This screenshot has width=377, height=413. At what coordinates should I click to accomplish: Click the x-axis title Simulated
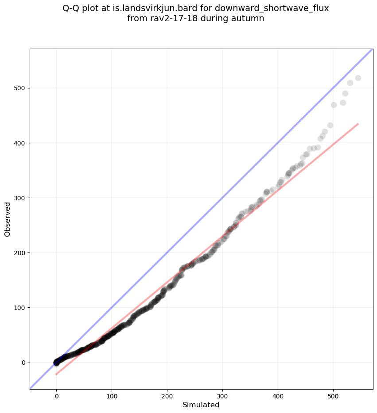click(201, 405)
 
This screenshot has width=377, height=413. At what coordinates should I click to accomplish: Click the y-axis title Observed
click(8, 219)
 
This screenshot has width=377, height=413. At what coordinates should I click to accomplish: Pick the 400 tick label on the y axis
click(19, 143)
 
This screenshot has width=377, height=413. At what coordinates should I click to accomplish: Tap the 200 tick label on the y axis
click(19, 252)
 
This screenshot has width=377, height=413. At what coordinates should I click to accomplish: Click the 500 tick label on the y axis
click(19, 88)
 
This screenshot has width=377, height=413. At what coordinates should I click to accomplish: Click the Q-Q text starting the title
click(71, 8)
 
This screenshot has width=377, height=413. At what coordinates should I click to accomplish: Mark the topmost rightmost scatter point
click(358, 78)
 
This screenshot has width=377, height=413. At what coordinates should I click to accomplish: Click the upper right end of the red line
click(358, 124)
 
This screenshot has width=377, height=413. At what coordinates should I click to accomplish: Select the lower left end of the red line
click(56, 375)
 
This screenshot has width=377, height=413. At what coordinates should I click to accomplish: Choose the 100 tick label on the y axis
click(19, 307)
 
